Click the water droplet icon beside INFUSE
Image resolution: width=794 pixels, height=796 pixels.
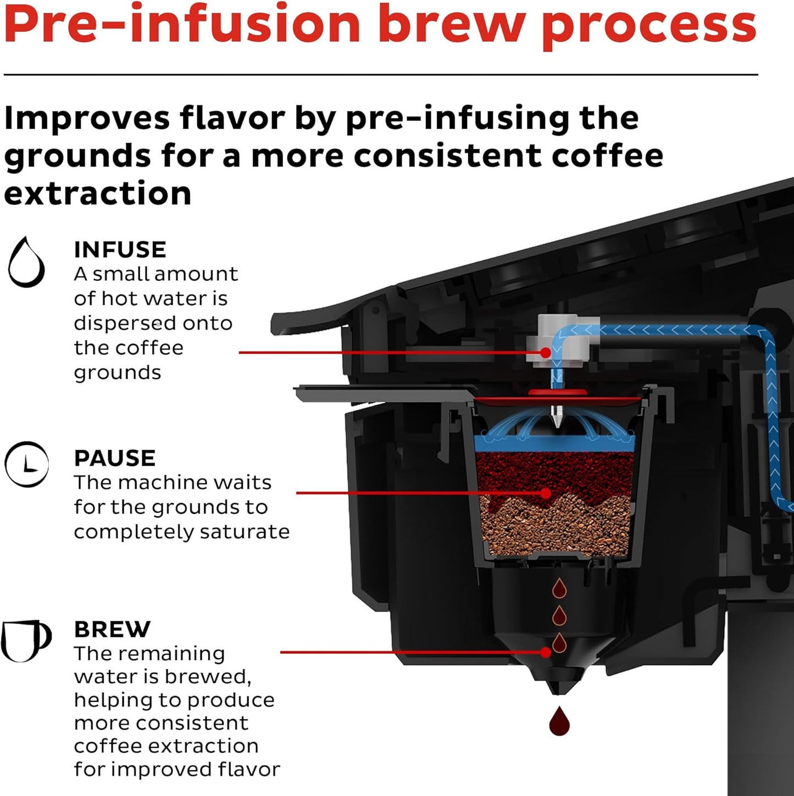pos(26,263)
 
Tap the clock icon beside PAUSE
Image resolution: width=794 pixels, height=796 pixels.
pos(26,465)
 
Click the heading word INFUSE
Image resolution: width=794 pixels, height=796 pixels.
pos(120,250)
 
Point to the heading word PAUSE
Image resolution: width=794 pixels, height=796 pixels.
pos(115,458)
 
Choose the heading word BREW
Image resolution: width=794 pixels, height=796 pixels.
pos(112,630)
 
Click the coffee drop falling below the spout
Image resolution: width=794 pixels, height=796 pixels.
pos(559,721)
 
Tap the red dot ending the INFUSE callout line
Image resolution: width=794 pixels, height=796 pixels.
pos(545,352)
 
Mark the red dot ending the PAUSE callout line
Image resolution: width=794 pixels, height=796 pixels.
pos(545,493)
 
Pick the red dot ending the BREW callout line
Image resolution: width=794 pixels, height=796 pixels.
pos(545,652)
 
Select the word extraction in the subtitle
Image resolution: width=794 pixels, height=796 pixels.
pos(98,193)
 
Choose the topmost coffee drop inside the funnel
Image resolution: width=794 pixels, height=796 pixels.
pos(559,589)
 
